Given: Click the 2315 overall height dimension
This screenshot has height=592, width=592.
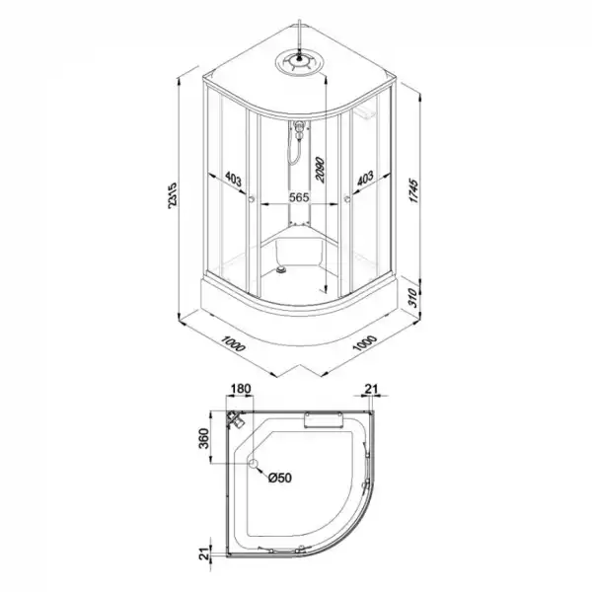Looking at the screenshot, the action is tap(172, 195).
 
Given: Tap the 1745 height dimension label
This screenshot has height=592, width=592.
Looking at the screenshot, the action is tap(414, 191).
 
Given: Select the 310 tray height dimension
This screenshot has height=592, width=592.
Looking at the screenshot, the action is tap(413, 298).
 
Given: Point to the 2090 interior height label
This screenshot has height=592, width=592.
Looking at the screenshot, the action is tap(320, 170).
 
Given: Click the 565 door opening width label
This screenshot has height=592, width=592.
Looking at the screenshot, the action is tap(299, 197).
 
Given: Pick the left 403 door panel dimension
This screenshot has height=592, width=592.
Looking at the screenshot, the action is tap(233, 179).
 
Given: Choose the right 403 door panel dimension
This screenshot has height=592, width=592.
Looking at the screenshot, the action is tap(365, 178).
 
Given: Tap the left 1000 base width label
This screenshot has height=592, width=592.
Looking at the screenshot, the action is tap(233, 343).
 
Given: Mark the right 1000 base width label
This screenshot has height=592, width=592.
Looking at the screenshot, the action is tap(365, 342).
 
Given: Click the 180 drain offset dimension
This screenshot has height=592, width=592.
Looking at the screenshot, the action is tap(241, 389).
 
